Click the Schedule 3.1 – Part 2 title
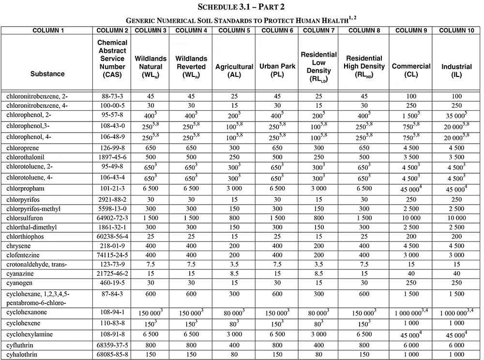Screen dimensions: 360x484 pos(242,7)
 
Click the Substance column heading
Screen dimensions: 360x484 pos(47,74)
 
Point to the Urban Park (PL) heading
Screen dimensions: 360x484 pos(279,71)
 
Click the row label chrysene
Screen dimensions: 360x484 pos(19,246)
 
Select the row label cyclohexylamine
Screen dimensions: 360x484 pos(30,335)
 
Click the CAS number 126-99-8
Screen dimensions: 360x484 pos(113,148)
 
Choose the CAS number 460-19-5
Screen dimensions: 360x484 pos(113,282)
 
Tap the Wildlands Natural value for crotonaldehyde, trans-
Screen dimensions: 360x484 pos(151,264)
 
